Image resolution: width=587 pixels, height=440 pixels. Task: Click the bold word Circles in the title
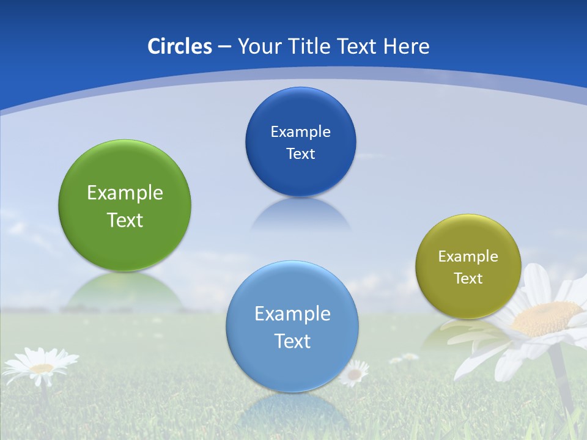click(x=179, y=46)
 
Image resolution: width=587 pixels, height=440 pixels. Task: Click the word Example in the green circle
click(x=125, y=193)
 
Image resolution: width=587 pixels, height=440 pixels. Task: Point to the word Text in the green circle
click(x=125, y=220)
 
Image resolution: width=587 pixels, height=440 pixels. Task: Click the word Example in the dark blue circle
click(x=300, y=132)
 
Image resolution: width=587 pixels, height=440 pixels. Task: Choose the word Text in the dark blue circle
click(x=300, y=154)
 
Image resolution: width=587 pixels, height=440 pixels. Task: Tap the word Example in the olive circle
click(x=468, y=257)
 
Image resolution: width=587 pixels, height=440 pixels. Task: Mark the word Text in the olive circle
click(x=468, y=279)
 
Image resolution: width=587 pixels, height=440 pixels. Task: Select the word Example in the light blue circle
click(x=292, y=314)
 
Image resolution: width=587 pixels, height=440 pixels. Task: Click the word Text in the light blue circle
click(x=292, y=341)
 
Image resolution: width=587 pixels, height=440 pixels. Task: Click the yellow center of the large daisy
click(x=546, y=318)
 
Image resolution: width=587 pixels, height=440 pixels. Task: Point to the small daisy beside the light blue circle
click(x=353, y=373)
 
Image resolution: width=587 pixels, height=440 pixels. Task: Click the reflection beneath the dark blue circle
click(x=300, y=214)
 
